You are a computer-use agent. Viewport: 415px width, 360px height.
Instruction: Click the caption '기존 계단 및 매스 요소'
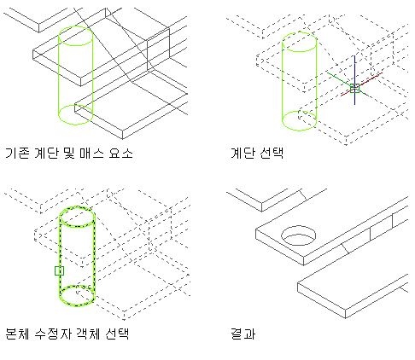pos(69,154)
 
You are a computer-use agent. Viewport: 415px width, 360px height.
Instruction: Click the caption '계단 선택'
pos(257,153)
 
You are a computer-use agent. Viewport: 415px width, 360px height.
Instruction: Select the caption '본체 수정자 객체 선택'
pos(67,334)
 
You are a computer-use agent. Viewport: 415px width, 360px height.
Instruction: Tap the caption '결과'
pos(243,334)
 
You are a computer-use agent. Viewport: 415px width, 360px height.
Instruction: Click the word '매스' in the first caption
pos(91,154)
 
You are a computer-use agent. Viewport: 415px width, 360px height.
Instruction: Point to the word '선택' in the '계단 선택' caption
pos(272,153)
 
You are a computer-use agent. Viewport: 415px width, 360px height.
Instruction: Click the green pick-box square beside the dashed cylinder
pos(59,270)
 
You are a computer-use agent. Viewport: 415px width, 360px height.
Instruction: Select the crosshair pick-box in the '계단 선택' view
pos(354,88)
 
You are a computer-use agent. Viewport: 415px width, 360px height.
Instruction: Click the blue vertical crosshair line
pos(354,80)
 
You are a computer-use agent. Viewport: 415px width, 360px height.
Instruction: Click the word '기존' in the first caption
pos(17,154)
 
